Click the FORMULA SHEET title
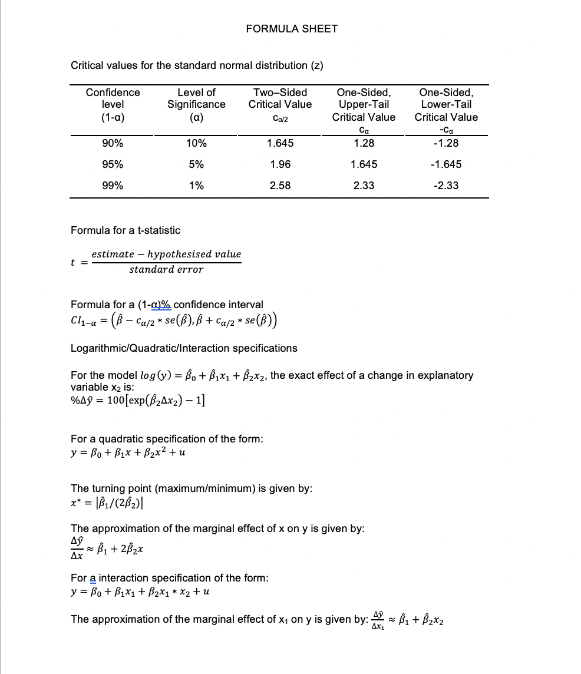pos(292,28)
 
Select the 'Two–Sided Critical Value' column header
pos(280,98)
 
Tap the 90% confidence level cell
pos(113,143)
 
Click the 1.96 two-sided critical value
pos(280,164)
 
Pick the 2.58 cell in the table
pos(280,186)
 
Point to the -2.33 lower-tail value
pos(445,186)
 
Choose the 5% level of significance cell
pos(196,164)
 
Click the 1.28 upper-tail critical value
pos(364,143)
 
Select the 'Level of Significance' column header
pos(196,98)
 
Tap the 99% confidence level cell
pos(113,186)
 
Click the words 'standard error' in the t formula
pos(166,270)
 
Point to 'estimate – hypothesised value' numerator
pos(166,254)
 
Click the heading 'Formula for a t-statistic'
pos(126,230)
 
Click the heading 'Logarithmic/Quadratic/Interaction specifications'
pos(184,348)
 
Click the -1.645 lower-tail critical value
pos(445,164)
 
